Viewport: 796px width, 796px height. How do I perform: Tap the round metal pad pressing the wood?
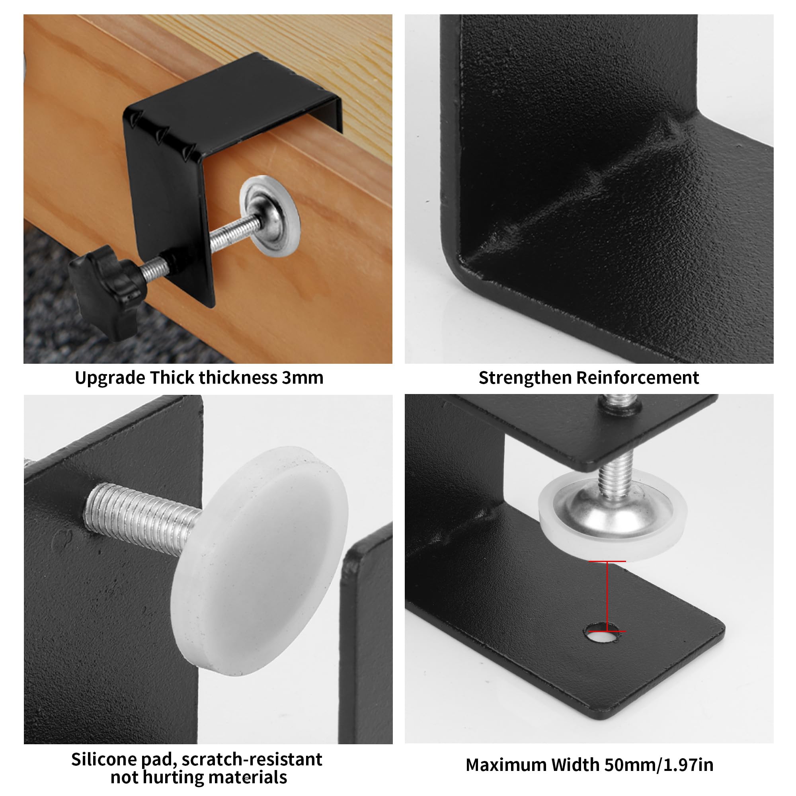270,216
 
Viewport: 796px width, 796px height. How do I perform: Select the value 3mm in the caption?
303,377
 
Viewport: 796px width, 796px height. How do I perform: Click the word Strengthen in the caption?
525,378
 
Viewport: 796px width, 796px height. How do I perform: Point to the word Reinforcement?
637,377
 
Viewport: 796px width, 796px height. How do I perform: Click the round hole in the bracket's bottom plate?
601,636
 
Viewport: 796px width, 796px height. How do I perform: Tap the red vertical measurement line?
607,596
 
